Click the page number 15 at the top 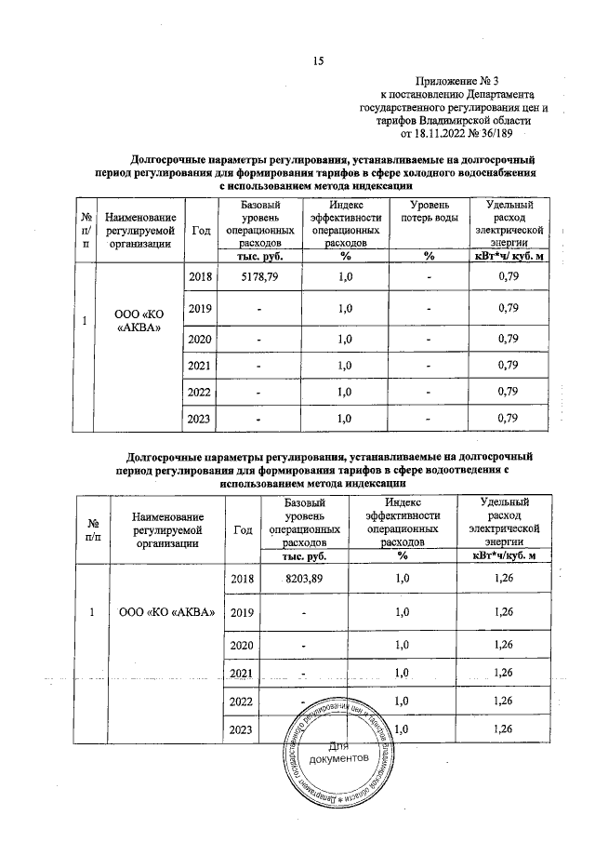[x=317, y=62]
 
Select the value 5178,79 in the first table [x=259, y=276]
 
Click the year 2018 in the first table [x=201, y=276]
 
